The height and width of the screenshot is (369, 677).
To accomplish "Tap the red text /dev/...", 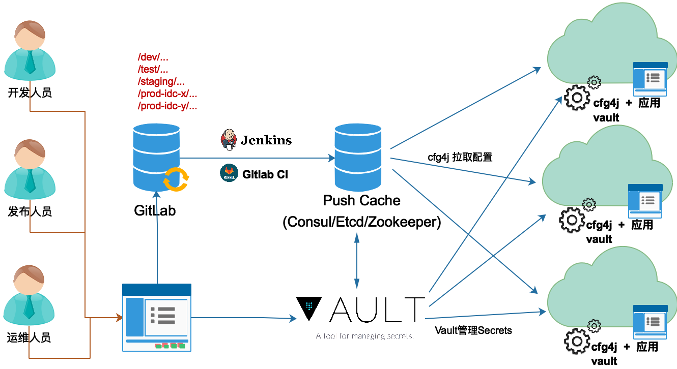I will (x=153, y=57).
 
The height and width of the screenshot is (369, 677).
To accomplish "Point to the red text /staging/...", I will (x=161, y=81).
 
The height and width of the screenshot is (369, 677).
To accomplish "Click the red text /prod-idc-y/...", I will (x=167, y=106).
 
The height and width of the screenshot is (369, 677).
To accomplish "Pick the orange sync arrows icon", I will (x=176, y=179).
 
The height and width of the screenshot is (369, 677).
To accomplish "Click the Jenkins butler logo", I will (x=229, y=139).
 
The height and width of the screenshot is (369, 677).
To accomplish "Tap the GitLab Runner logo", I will (x=229, y=173).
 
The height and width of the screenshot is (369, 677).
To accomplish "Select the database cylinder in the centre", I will (x=358, y=157).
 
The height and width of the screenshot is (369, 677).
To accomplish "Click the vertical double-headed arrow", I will (x=356, y=261).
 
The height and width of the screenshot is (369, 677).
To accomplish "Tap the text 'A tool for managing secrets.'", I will (x=364, y=336).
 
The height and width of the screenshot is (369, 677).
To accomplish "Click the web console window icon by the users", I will (x=157, y=318).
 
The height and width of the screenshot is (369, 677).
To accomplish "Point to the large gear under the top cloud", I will (x=577, y=97).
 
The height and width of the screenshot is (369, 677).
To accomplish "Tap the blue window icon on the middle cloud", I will (x=645, y=201).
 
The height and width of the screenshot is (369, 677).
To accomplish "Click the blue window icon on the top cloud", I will (x=650, y=79).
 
